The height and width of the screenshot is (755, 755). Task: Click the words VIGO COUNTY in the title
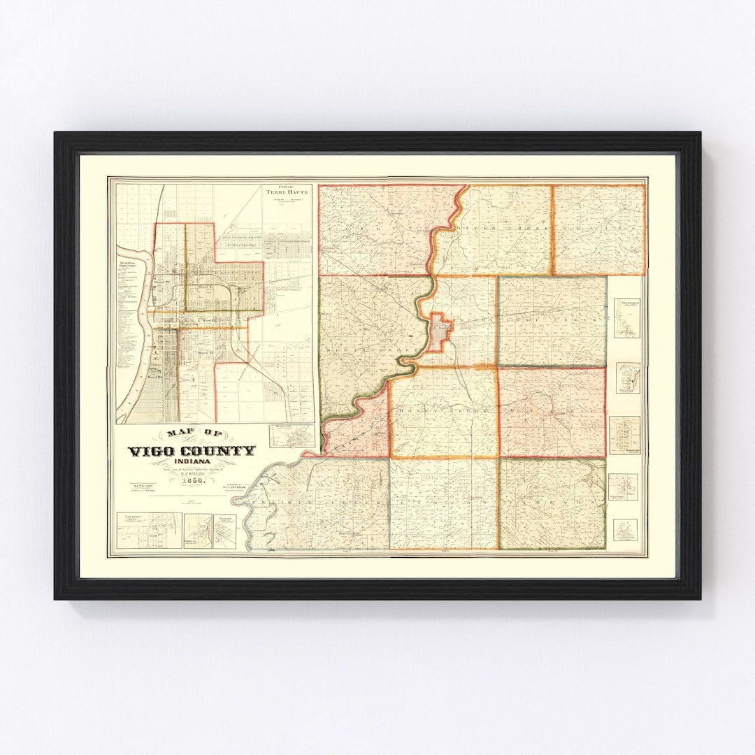click(x=191, y=451)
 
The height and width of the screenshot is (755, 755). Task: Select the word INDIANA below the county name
click(x=191, y=462)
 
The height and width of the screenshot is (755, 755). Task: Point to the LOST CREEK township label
click(x=559, y=319)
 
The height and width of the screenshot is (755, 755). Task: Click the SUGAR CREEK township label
click(x=364, y=325)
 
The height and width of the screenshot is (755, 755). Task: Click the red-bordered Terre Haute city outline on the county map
click(x=439, y=331)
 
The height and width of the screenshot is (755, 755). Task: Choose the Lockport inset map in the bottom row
click(x=148, y=531)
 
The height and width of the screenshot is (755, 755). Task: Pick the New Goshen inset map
click(x=627, y=318)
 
